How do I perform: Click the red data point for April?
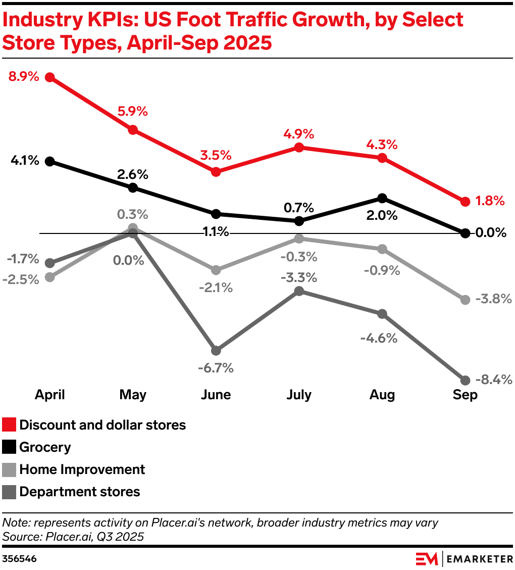pyautogui.click(x=49, y=77)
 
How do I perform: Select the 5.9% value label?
pyautogui.click(x=132, y=112)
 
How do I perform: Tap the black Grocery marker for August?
pyautogui.click(x=382, y=198)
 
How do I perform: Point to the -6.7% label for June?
pyautogui.click(x=216, y=368)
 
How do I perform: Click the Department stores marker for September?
pyautogui.click(x=465, y=380)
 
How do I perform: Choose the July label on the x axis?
pyautogui.click(x=299, y=395)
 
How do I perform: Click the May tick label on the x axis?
pyautogui.click(x=133, y=395)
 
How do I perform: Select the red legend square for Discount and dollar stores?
pyautogui.click(x=9, y=425)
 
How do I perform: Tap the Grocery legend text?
pyautogui.click(x=45, y=447)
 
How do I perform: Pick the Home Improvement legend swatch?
pyautogui.click(x=9, y=469)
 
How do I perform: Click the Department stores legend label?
pyautogui.click(x=80, y=492)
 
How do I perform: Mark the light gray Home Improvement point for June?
pyautogui.click(x=216, y=269)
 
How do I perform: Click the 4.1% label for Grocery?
pyautogui.click(x=24, y=161)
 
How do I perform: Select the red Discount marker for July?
pyautogui.click(x=299, y=148)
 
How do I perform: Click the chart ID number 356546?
pyautogui.click(x=19, y=559)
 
